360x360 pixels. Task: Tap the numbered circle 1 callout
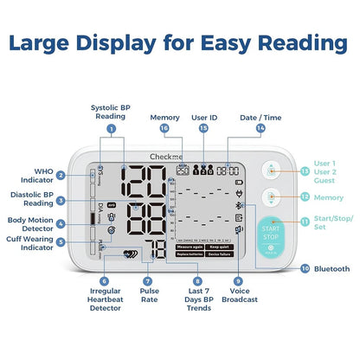pyautogui.click(x=110, y=128)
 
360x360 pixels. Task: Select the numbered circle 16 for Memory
pyautogui.click(x=164, y=128)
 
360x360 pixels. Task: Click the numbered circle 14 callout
pyautogui.click(x=260, y=128)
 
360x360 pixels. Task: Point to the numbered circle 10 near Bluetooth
pyautogui.click(x=304, y=269)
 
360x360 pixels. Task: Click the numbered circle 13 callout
pyautogui.click(x=304, y=170)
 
